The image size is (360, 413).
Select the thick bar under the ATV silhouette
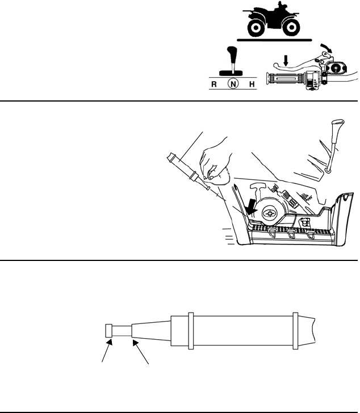[275, 41]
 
